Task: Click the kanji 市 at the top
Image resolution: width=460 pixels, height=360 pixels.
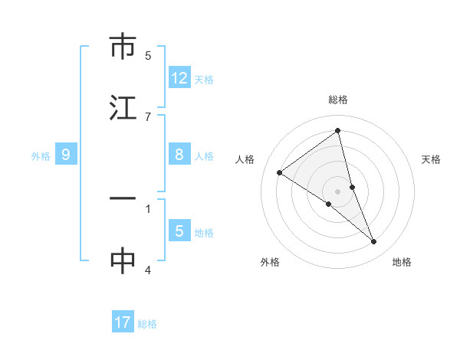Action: (123, 47)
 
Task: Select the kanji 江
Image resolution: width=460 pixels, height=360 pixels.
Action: (123, 107)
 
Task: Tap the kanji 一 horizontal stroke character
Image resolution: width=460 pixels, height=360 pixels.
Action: (123, 199)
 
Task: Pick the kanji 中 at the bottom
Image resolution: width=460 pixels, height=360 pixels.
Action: (123, 260)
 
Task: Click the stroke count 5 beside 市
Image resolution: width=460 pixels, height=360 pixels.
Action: (148, 56)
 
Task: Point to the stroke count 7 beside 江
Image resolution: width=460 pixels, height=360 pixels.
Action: (148, 116)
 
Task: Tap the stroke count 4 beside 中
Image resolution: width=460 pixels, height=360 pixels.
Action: (148, 270)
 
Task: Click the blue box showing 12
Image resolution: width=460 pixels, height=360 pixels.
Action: (179, 78)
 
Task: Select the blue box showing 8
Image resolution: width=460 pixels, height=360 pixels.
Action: (179, 155)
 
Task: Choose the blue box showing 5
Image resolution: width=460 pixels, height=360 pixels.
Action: (179, 231)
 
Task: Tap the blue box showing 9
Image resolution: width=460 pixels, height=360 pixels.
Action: (66, 155)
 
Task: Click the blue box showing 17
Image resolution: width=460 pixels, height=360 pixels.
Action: (123, 322)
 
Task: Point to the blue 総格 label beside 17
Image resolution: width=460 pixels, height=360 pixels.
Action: (147, 324)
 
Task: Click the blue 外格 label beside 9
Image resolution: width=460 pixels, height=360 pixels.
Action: (41, 156)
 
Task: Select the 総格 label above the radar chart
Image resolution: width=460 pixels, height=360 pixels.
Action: (338, 100)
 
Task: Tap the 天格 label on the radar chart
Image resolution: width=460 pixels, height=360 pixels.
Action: (432, 159)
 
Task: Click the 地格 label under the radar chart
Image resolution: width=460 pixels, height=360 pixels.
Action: (402, 262)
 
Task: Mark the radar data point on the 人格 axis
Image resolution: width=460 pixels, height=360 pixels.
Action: (279, 172)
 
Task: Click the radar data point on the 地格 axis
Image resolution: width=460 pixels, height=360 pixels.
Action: (374, 241)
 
